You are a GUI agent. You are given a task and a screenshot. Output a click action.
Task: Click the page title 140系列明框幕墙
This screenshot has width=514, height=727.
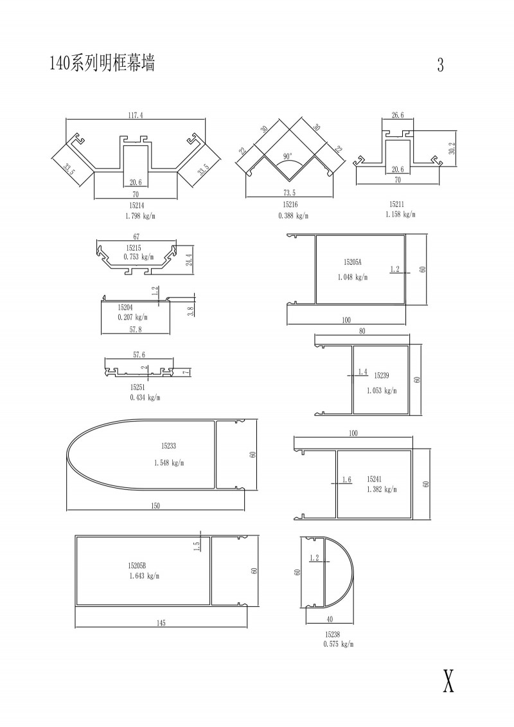(x=102, y=62)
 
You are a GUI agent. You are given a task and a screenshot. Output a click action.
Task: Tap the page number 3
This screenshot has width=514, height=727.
(x=440, y=64)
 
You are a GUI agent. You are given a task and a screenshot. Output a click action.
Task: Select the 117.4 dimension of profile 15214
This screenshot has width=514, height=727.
(x=136, y=116)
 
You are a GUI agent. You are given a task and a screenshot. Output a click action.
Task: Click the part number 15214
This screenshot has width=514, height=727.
(x=135, y=204)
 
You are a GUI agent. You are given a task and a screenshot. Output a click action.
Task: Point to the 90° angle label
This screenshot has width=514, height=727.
(x=287, y=157)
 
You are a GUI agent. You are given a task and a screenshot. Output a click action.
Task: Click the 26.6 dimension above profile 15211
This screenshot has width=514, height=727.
(x=398, y=116)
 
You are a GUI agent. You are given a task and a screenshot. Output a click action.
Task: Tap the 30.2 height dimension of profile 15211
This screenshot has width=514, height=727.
(x=452, y=148)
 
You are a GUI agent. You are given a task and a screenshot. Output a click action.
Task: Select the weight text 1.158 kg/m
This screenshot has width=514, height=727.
(x=400, y=215)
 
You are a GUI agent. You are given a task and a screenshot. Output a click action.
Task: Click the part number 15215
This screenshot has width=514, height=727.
(x=134, y=248)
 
